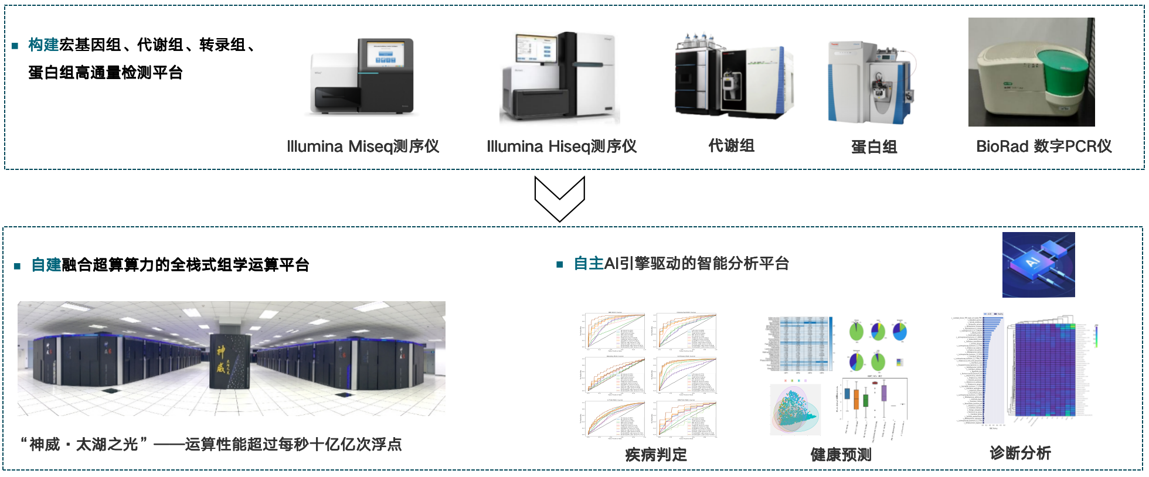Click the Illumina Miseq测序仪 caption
tap(363, 146)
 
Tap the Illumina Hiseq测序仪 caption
tap(562, 146)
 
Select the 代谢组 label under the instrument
tap(731, 145)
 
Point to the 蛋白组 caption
tap(874, 147)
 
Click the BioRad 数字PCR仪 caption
tap(1043, 146)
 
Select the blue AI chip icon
tap(1038, 264)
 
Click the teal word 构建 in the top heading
tap(43, 45)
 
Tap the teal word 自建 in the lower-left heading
tap(46, 265)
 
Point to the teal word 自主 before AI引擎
tap(589, 264)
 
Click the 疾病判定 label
tap(655, 455)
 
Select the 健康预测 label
tap(841, 455)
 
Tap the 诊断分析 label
tap(1020, 453)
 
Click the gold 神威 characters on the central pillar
tap(220, 359)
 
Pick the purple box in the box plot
tap(884, 392)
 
